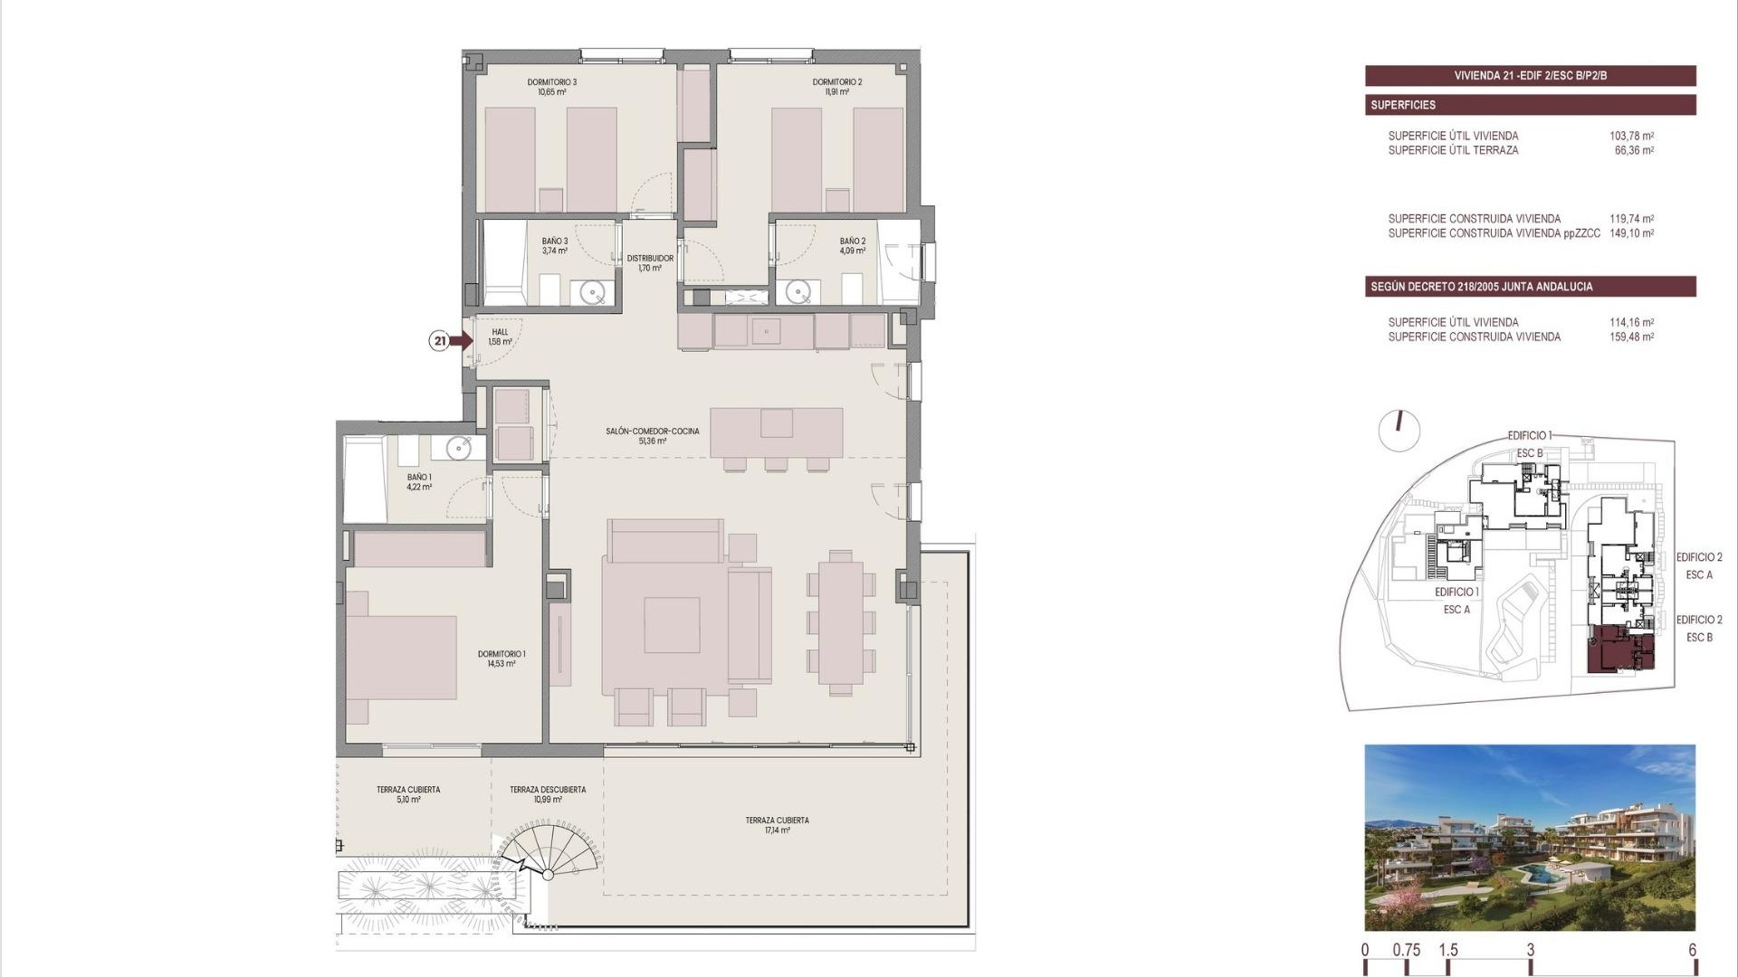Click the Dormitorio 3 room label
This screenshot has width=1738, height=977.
click(x=551, y=87)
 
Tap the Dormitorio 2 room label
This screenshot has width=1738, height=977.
click(x=836, y=87)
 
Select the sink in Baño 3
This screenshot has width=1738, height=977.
click(x=593, y=291)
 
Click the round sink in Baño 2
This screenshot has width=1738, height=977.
click(x=797, y=291)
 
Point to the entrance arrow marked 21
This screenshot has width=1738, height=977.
click(x=460, y=341)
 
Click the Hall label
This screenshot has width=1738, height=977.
click(x=500, y=337)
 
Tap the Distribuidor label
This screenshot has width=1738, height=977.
click(x=650, y=263)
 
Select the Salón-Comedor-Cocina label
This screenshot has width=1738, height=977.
click(x=652, y=436)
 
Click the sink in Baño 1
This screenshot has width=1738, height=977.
click(x=459, y=448)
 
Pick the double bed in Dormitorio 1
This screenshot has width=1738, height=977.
click(x=400, y=658)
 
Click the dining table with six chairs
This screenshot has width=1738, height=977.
click(x=842, y=622)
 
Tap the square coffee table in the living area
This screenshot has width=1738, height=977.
click(x=672, y=625)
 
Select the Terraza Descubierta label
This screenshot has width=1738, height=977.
click(x=547, y=794)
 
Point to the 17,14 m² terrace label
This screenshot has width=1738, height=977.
click(x=777, y=825)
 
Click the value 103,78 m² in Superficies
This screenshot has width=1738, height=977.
click(x=1631, y=137)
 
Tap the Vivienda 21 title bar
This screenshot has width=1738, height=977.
click(x=1530, y=76)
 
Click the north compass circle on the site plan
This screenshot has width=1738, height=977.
click(x=1399, y=431)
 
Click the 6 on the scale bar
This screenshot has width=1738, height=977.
click(x=1692, y=951)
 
